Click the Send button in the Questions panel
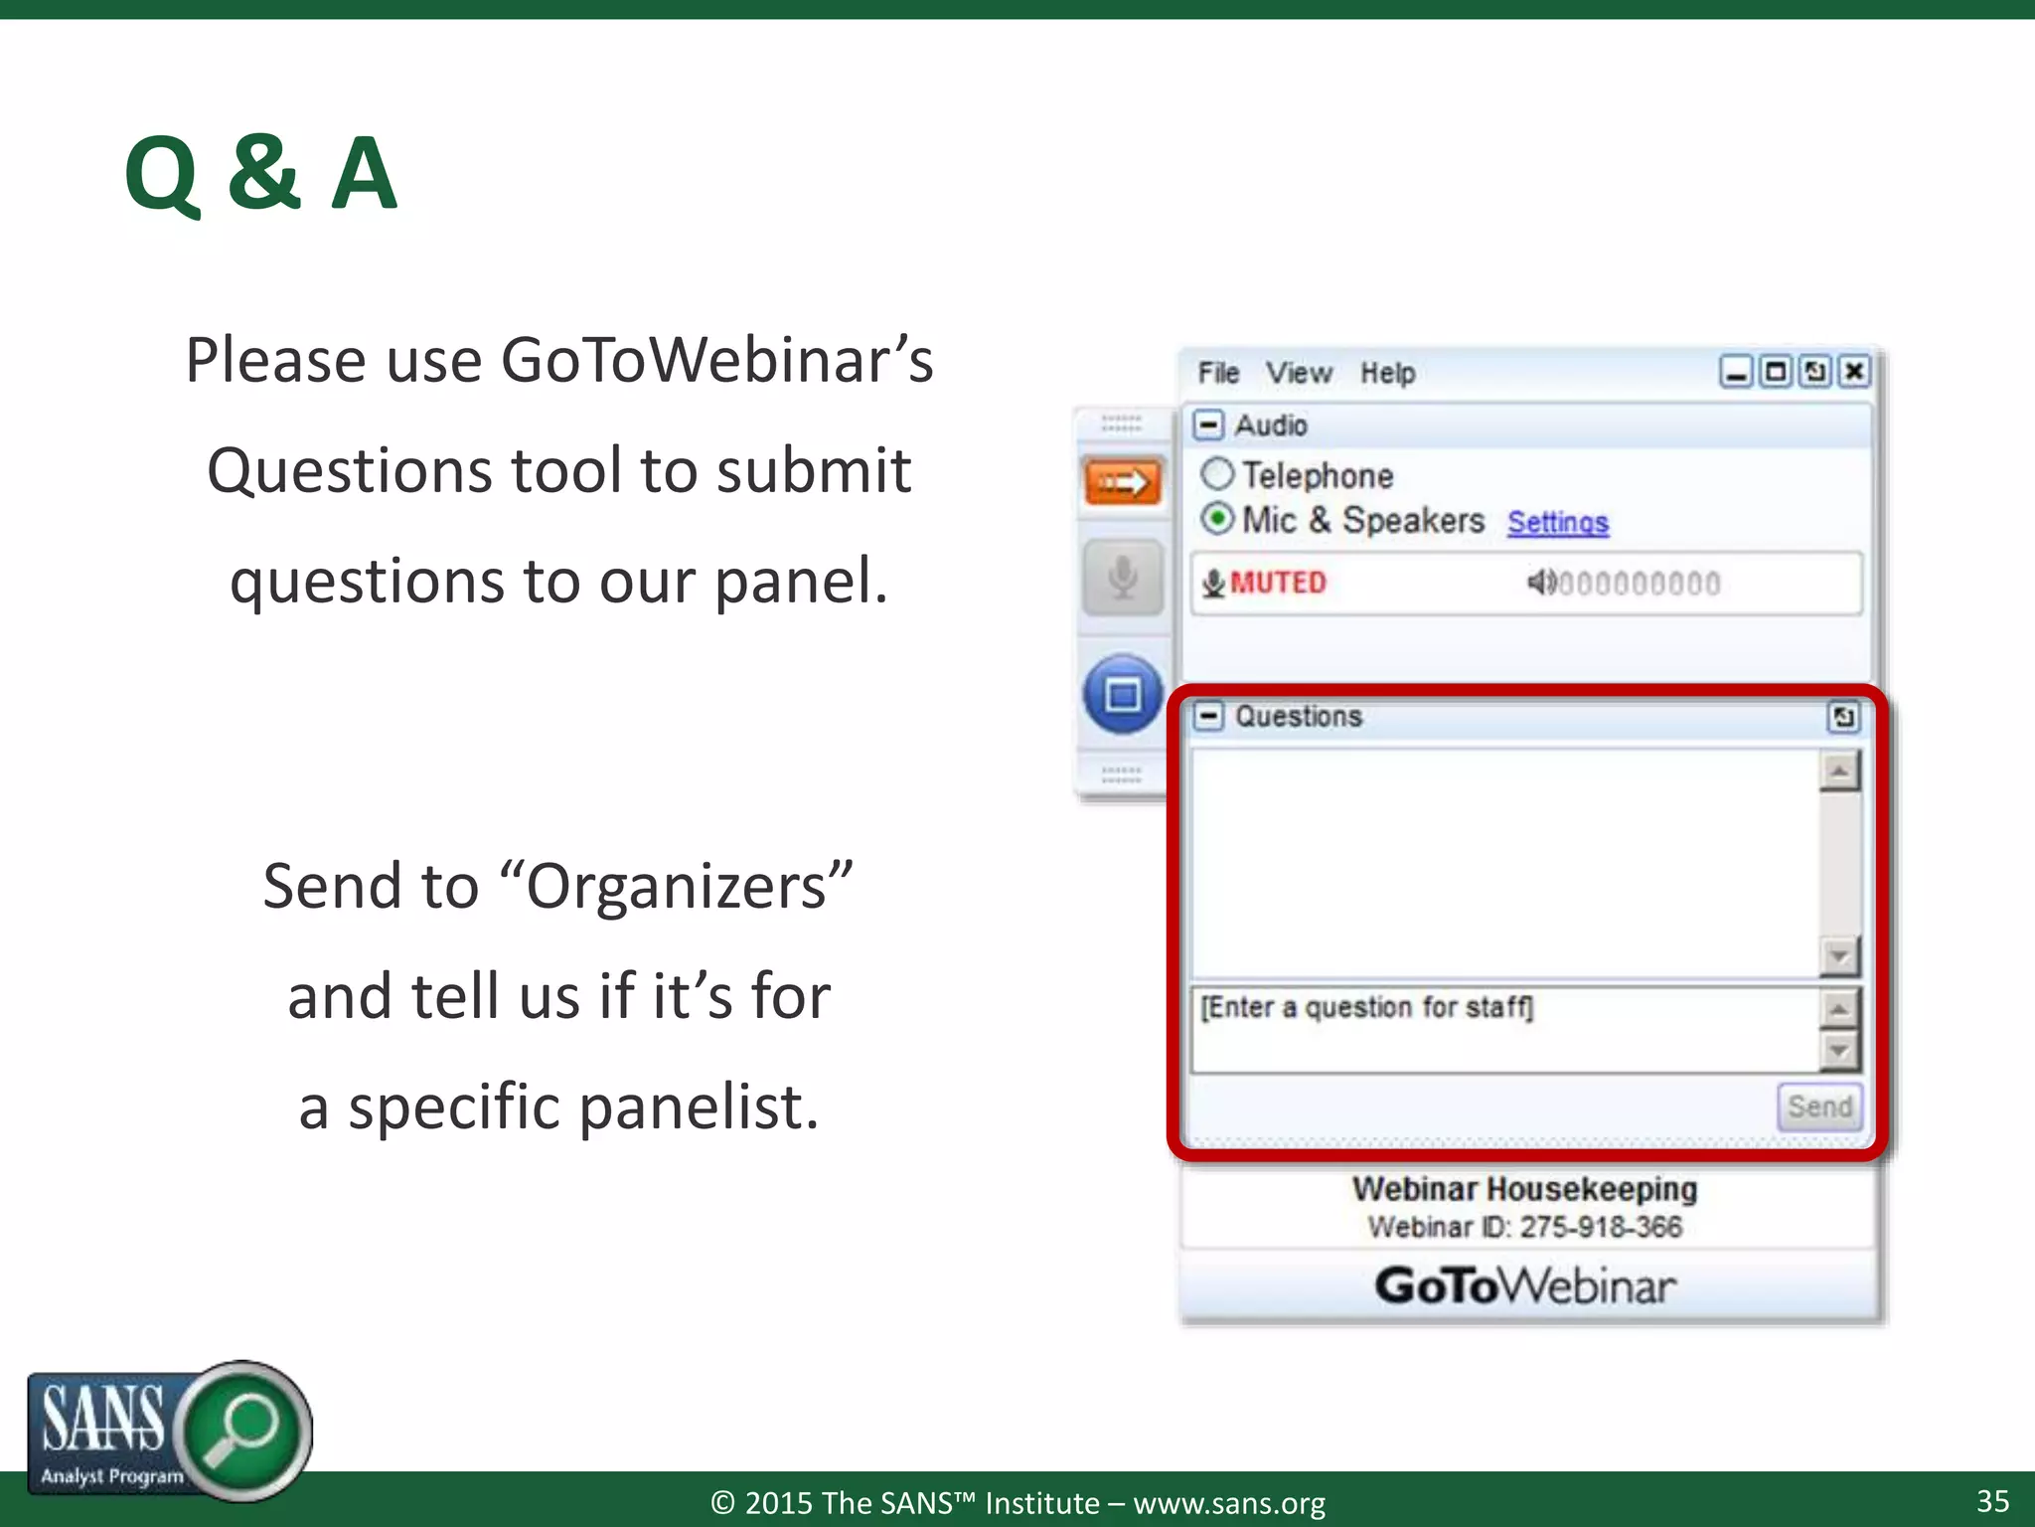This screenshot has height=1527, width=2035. (x=1818, y=1106)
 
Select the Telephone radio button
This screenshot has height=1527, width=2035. (x=1217, y=474)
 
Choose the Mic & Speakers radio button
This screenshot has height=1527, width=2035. (x=1217, y=518)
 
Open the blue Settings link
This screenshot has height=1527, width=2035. (x=1557, y=522)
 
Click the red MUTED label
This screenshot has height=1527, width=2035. (x=1277, y=583)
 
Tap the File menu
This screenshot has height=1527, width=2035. (x=1217, y=373)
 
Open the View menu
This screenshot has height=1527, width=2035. (x=1298, y=373)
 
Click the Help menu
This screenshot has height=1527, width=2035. (x=1387, y=373)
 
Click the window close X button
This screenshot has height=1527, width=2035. (x=1854, y=372)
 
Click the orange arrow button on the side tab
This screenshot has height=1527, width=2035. (x=1123, y=483)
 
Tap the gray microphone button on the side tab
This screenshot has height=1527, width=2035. (x=1123, y=578)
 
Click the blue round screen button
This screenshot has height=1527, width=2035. (x=1123, y=694)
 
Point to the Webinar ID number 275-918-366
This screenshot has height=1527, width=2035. (x=1601, y=1227)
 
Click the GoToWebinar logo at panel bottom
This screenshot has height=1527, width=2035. (x=1525, y=1285)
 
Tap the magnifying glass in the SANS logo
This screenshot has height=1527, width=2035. (x=243, y=1428)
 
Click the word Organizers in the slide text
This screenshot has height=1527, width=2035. (x=676, y=886)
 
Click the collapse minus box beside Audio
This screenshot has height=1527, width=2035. (x=1208, y=425)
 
